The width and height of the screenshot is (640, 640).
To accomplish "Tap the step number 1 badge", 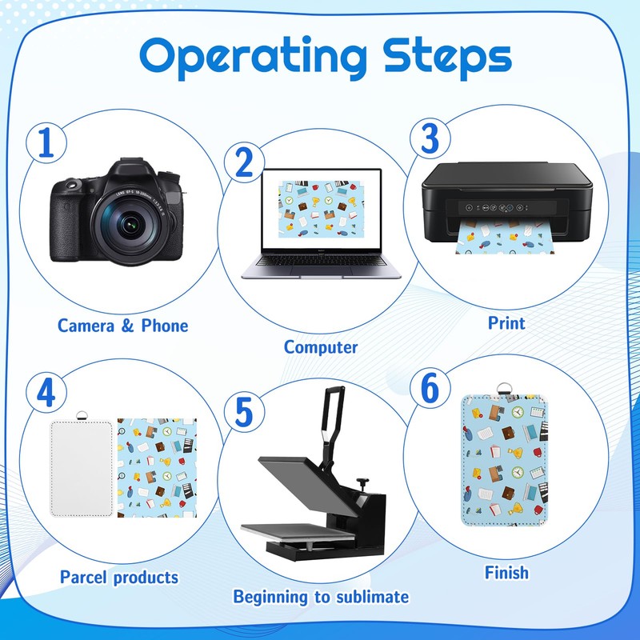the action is coord(46,143).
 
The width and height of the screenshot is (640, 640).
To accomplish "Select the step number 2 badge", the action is coord(245,162).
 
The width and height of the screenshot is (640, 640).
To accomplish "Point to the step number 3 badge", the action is coord(430,138).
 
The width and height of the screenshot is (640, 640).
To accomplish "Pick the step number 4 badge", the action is coord(46,393).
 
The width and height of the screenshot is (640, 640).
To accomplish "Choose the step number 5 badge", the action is coord(245,412).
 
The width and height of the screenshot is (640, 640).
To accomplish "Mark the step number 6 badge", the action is coord(430,388).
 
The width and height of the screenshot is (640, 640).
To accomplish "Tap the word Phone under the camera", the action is coord(165,326).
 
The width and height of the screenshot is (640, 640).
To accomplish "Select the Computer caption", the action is coord(321,347).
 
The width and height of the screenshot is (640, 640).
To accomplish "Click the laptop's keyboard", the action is coord(321,261).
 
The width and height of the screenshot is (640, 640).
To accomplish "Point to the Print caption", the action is coord(506,323).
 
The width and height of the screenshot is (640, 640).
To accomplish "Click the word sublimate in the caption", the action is coord(373,597).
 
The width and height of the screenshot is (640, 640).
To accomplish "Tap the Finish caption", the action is coord(506,573).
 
